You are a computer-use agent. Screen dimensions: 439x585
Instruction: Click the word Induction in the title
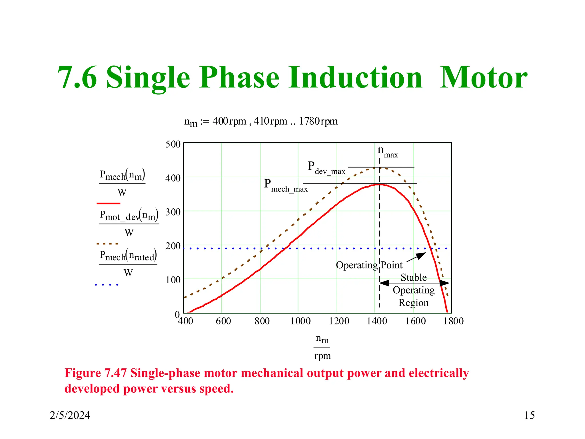tap(355, 78)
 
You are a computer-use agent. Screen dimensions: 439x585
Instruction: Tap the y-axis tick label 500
tap(173, 144)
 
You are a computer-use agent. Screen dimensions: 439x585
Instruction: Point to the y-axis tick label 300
tap(173, 212)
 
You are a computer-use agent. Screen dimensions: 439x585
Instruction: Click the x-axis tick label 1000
tap(300, 321)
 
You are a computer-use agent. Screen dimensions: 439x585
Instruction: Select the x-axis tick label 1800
tap(453, 321)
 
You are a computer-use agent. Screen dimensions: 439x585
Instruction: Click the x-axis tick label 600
tap(223, 321)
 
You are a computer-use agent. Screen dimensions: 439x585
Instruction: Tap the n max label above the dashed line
tap(387, 151)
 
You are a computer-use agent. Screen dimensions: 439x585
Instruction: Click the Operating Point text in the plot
tap(369, 265)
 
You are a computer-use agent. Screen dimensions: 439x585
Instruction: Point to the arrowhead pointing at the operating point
tap(421, 255)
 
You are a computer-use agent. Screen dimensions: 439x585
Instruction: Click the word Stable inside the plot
tap(413, 278)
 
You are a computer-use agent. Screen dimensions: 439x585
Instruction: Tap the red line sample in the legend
tap(108, 203)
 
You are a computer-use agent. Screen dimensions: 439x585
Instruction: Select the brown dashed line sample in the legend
tap(107, 244)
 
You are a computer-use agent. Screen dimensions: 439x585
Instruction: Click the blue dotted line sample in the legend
tap(106, 285)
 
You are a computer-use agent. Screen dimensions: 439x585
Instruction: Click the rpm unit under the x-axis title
tap(322, 356)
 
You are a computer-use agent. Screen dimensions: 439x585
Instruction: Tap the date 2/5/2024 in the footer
tap(70, 415)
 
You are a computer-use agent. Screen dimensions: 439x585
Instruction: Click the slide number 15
tap(529, 415)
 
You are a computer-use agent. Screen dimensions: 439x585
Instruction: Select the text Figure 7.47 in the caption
tap(96, 373)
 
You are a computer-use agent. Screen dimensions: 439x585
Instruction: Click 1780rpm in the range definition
tap(318, 121)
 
